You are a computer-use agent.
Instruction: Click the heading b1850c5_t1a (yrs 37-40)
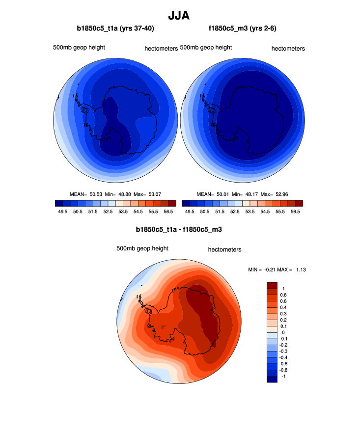tap(115, 28)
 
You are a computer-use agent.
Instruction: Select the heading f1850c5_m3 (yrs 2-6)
tap(242, 28)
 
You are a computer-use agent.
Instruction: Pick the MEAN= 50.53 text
tap(86, 194)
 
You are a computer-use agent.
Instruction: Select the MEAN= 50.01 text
tap(212, 194)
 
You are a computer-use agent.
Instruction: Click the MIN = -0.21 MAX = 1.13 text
tap(278, 270)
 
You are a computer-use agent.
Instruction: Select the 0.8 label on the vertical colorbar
tap(283, 295)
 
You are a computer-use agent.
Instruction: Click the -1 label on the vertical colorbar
tap(283, 376)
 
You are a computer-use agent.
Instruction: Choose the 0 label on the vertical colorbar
tap(283, 332)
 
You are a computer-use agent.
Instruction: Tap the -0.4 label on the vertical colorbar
tap(284, 357)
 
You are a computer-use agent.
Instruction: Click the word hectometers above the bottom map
tap(224, 249)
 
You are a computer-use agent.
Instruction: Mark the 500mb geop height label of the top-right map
tap(206, 48)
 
